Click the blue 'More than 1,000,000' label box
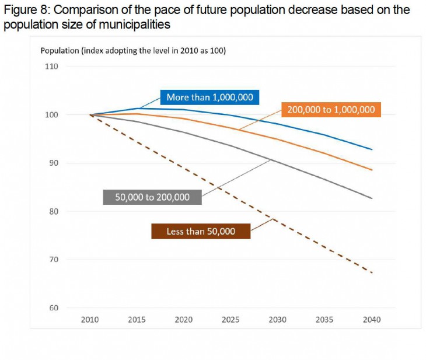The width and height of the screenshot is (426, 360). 209,97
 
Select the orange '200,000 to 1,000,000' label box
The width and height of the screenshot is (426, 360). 331,110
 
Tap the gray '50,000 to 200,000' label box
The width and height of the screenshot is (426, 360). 152,197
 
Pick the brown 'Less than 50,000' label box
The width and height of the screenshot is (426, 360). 201,232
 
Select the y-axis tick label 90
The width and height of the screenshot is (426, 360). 53,163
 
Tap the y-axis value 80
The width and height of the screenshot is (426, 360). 53,211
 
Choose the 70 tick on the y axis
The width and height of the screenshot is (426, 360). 53,260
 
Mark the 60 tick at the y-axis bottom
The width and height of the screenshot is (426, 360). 53,308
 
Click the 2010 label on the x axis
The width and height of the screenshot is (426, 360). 90,320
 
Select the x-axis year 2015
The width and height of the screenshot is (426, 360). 137,320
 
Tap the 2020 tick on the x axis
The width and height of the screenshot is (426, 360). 184,320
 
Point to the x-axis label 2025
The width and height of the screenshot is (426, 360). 231,320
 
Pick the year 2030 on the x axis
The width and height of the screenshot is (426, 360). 278,320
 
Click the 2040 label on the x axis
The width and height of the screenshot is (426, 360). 372,320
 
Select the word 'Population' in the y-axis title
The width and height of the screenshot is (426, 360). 59,50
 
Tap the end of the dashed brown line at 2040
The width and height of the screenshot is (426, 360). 372,272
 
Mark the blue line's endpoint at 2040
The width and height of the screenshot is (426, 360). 372,150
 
